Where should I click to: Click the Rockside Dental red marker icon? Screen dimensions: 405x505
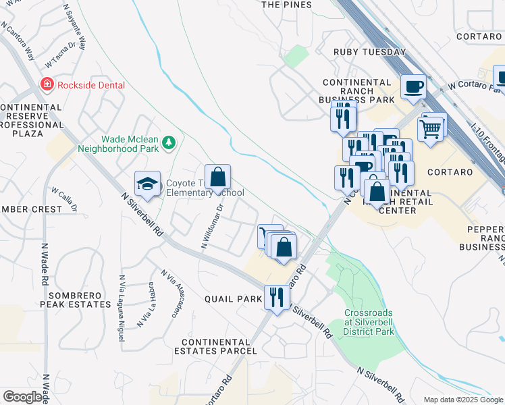(x=47, y=85)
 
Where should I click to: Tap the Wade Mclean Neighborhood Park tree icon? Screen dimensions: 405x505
(x=168, y=142)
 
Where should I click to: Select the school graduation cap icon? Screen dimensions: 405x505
(x=147, y=183)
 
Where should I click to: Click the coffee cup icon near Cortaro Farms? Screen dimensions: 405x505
(x=413, y=86)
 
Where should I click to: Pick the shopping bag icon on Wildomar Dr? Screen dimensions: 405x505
(x=217, y=178)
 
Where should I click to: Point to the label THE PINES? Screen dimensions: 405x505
(x=286, y=5)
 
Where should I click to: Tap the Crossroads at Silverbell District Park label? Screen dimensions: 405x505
(x=369, y=322)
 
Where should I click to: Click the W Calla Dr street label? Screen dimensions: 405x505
(x=65, y=196)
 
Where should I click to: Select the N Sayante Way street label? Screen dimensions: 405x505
(x=74, y=27)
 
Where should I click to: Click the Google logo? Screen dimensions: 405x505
(x=22, y=397)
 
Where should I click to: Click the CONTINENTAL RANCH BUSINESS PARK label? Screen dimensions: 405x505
(x=358, y=90)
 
